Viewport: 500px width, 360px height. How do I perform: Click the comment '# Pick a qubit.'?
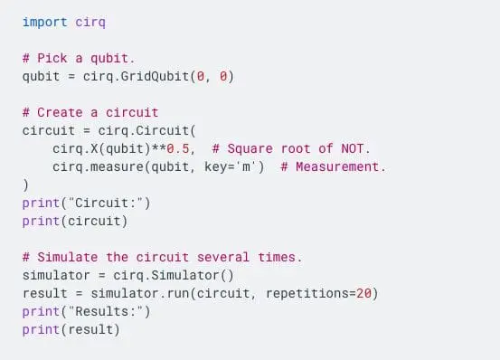79,58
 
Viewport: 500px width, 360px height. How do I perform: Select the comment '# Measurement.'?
332,166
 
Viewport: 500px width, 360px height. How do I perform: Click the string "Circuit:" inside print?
100,203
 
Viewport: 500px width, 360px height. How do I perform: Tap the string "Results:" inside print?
100,312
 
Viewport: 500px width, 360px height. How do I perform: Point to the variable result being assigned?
44,294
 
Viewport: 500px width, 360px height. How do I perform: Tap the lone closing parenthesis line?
26,185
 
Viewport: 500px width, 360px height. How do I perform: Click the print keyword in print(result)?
41,330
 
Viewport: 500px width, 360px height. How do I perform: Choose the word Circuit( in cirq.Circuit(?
157,130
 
